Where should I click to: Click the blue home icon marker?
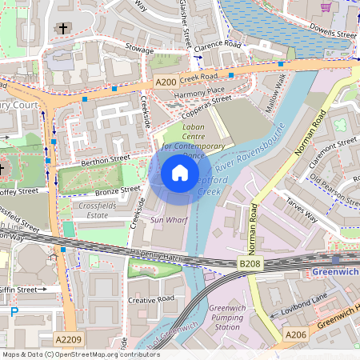[180, 173]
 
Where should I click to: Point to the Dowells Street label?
[334, 35]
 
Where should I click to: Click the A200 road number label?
[166, 82]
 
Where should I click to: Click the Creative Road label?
[151, 299]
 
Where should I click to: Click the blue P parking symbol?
[14, 311]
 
